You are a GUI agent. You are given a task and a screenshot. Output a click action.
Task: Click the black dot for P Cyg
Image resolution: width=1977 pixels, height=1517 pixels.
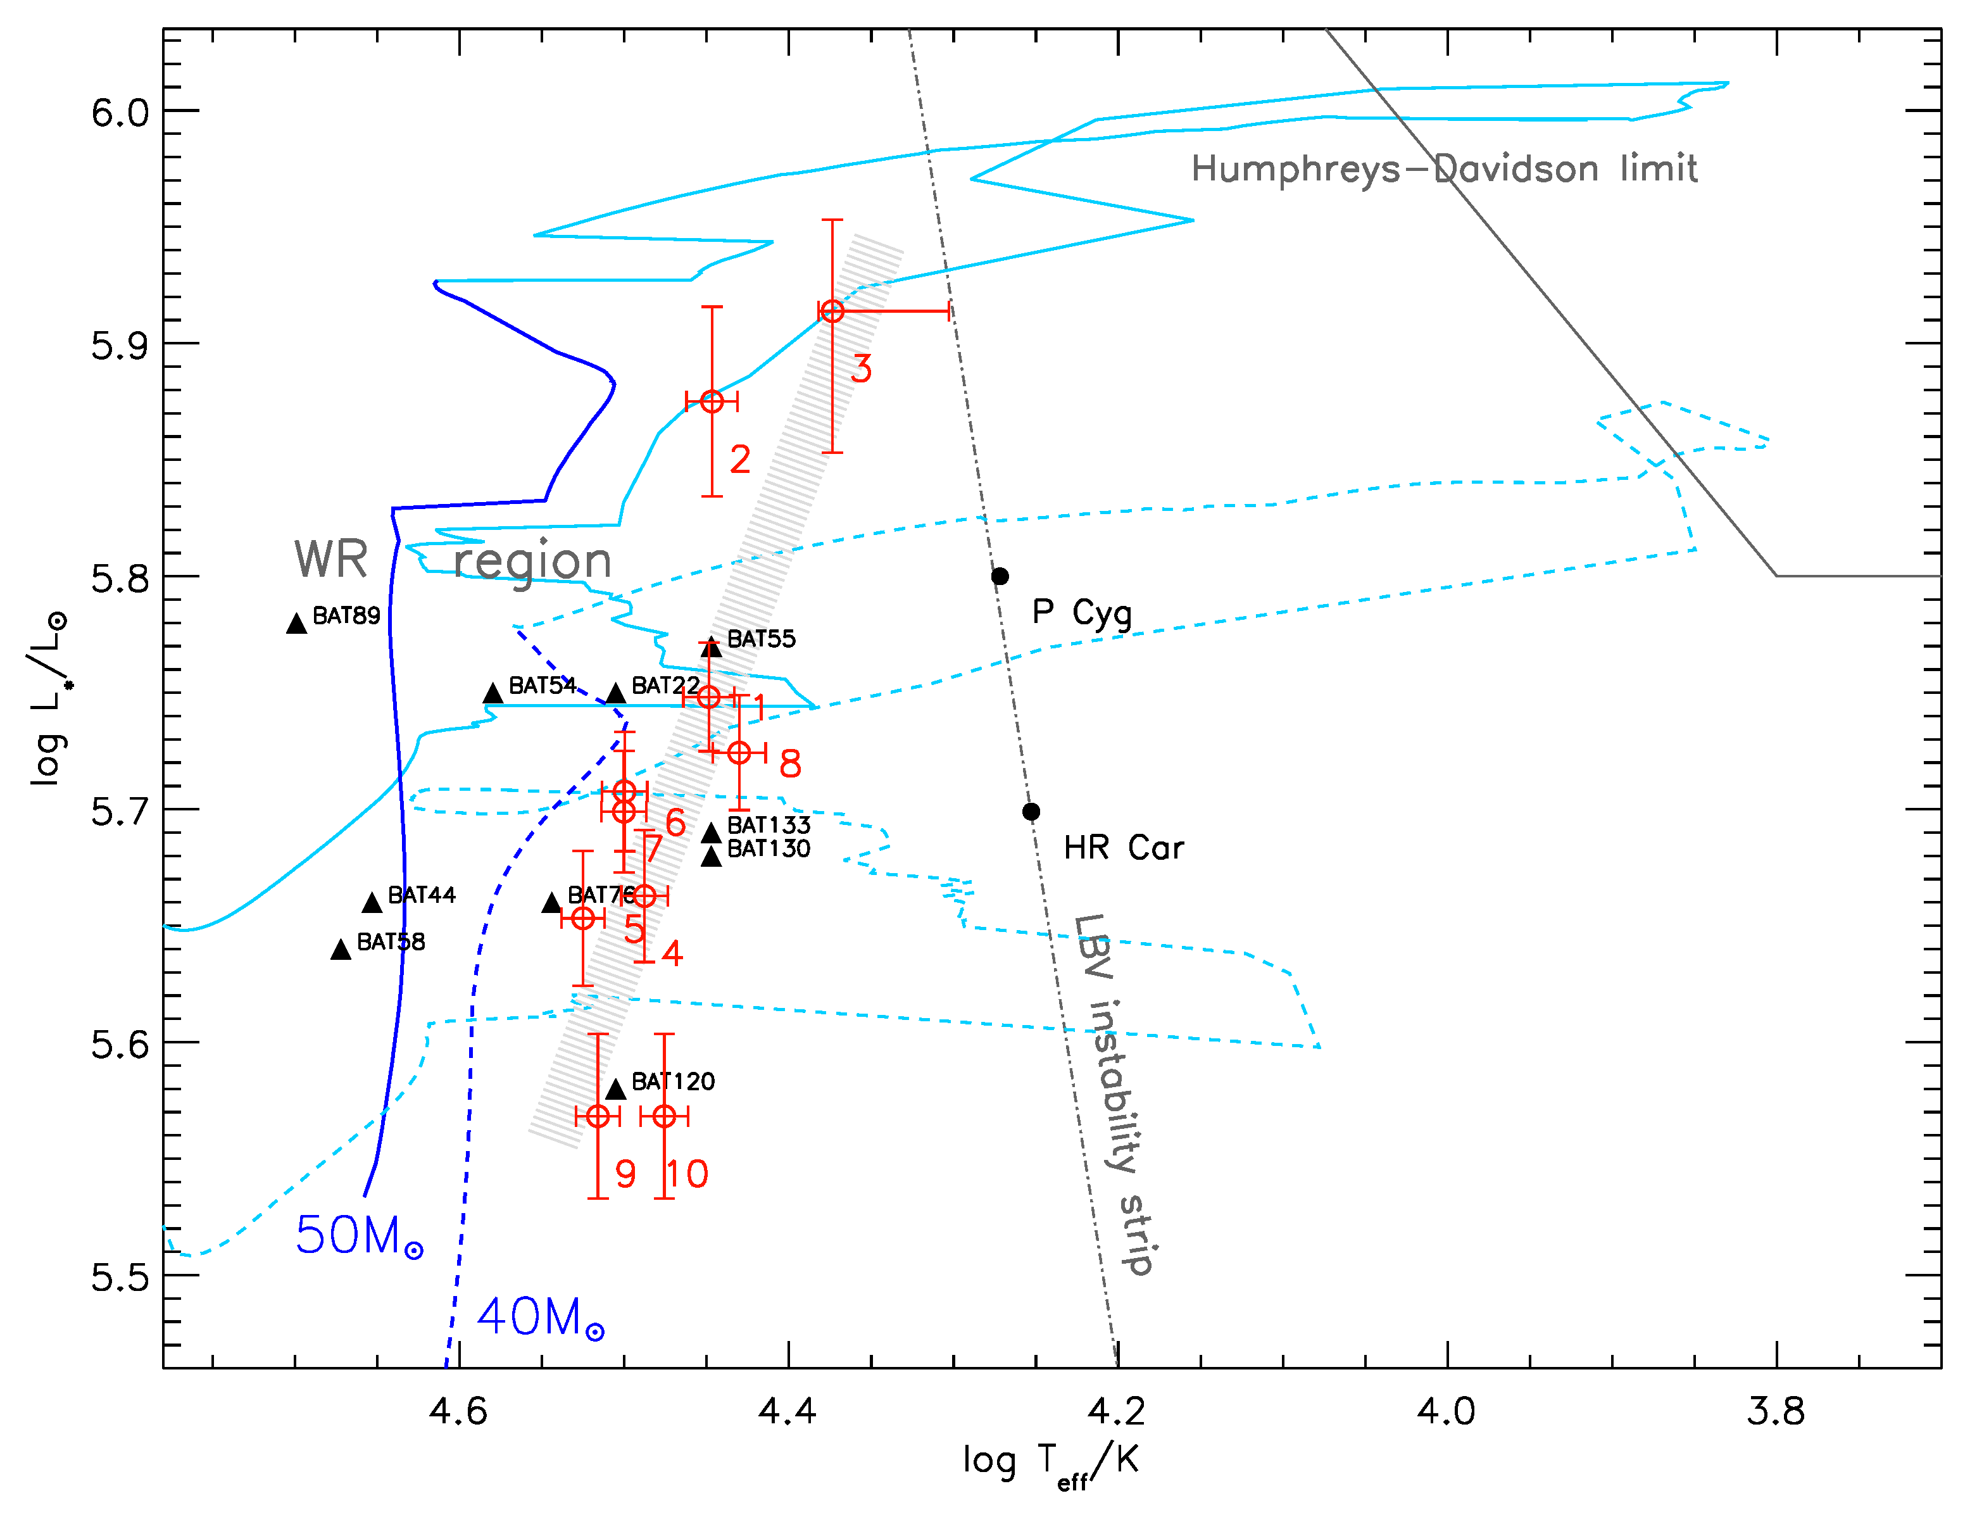point(1000,576)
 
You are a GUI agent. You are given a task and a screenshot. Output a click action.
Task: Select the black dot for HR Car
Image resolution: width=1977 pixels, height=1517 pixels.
point(1031,812)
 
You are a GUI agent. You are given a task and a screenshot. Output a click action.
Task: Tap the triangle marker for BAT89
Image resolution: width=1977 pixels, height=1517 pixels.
point(296,624)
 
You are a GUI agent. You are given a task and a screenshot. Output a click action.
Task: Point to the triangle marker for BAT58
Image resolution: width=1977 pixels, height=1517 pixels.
point(341,950)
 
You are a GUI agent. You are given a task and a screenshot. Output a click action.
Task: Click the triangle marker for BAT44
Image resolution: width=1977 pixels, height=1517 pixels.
point(372,903)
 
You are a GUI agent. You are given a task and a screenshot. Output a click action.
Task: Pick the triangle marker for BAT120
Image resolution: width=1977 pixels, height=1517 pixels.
point(616,1090)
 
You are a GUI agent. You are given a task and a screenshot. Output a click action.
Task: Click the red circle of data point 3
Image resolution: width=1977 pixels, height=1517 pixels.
point(831,312)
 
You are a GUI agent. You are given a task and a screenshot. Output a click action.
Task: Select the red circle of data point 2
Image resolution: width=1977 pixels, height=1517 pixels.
point(712,402)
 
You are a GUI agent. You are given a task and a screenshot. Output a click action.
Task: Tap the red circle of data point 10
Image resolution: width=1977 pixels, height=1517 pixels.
point(665,1116)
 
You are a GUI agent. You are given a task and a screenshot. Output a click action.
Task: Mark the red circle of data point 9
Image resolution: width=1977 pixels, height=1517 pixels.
point(598,1116)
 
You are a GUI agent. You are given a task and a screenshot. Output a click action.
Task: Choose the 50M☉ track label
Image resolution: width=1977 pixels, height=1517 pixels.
point(358,1235)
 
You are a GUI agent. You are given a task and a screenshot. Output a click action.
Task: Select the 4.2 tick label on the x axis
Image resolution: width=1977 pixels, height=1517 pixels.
point(1117,1411)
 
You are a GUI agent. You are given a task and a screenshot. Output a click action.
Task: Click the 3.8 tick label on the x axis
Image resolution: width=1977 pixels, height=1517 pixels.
point(1776,1411)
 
